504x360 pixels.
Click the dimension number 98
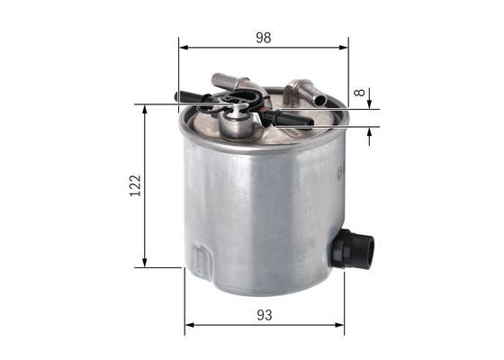tap(263, 38)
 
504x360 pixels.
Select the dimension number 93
tap(264, 316)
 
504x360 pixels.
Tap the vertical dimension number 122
tap(135, 185)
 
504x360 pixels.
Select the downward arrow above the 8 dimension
tap(370, 103)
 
